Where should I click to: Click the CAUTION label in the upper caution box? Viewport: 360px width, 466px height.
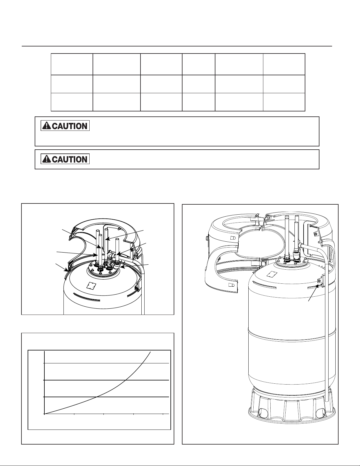[x=65, y=126]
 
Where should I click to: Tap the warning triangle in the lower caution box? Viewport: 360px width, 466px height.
[x=46, y=159]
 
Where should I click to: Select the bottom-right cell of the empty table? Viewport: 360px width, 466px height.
[x=284, y=102]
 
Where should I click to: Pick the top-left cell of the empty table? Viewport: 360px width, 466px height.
[x=72, y=64]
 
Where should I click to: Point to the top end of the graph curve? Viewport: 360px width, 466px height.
[x=151, y=351]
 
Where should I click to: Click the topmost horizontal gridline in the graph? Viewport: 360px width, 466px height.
[x=106, y=363]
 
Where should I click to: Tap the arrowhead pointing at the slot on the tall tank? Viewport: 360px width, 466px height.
[x=318, y=287]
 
